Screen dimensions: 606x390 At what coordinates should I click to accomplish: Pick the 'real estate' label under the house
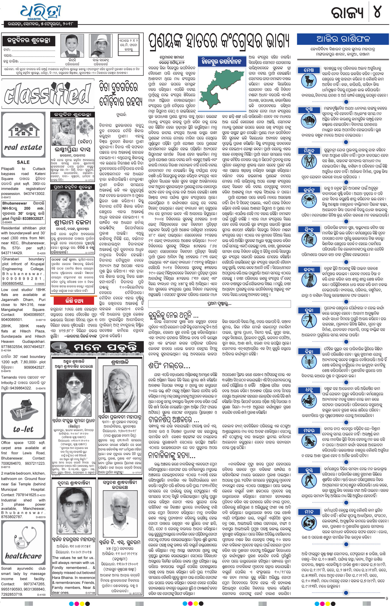tap(23, 147)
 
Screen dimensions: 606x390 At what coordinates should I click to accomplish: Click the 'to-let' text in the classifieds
tap(23, 430)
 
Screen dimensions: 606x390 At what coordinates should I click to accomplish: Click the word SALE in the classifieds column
tap(23, 162)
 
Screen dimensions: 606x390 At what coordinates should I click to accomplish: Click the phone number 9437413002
tap(34, 194)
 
